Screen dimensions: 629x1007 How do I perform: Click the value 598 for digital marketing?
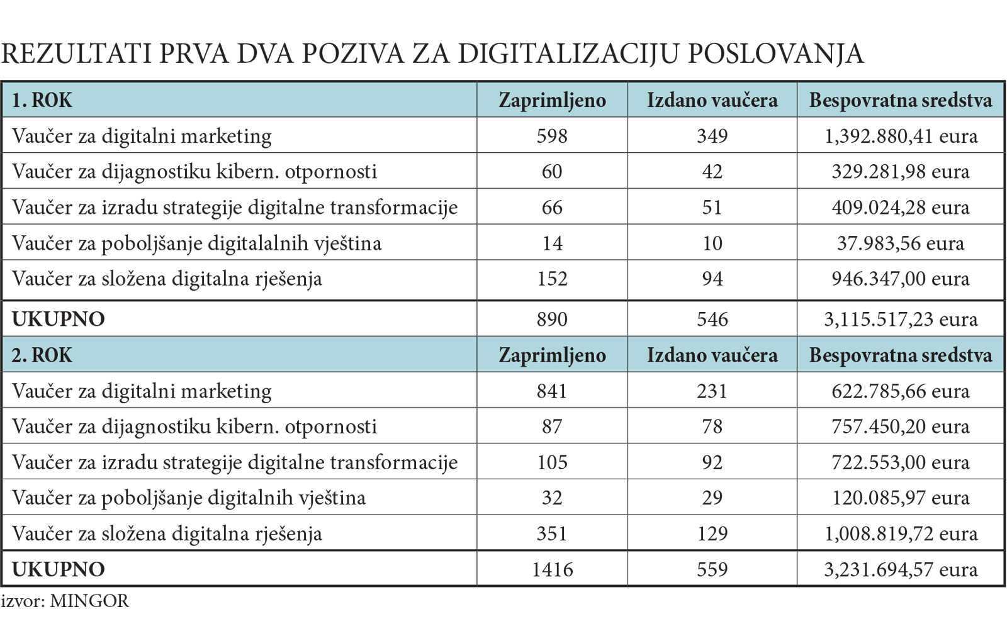point(552,136)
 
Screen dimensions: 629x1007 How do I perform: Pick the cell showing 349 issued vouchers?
point(712,136)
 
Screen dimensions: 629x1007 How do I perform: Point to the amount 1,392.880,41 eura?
point(901,136)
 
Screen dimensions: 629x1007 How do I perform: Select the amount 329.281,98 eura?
point(901,172)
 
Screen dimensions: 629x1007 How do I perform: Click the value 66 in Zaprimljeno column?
point(552,208)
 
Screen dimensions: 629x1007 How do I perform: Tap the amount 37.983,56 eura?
point(901,243)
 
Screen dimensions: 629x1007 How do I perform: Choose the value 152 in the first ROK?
point(552,279)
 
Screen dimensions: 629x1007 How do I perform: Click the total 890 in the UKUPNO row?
point(552,319)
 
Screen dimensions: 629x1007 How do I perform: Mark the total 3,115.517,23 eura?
point(901,319)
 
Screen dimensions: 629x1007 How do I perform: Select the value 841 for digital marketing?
point(552,391)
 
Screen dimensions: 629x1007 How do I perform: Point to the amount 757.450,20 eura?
point(901,426)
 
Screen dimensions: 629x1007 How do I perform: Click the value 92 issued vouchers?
point(712,462)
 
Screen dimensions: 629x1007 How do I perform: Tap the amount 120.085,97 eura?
point(901,498)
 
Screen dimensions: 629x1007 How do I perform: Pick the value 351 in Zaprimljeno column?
point(552,533)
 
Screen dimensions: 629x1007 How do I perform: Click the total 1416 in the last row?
point(552,569)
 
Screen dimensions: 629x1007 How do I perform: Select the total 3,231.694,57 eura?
point(901,569)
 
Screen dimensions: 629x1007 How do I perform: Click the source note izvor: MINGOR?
point(65,601)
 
